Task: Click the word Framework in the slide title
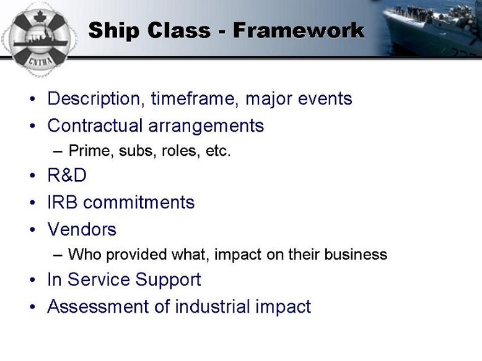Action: (299, 30)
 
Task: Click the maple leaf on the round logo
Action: (40, 16)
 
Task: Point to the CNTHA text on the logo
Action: (40, 61)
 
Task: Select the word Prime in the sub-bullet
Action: (89, 151)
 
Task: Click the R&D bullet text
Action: (67, 176)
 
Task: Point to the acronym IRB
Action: (63, 202)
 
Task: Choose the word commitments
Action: (139, 202)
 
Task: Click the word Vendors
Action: (82, 229)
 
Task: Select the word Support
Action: (168, 280)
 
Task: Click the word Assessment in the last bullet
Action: (98, 307)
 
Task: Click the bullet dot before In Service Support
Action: (33, 280)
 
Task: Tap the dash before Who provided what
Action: (58, 255)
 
